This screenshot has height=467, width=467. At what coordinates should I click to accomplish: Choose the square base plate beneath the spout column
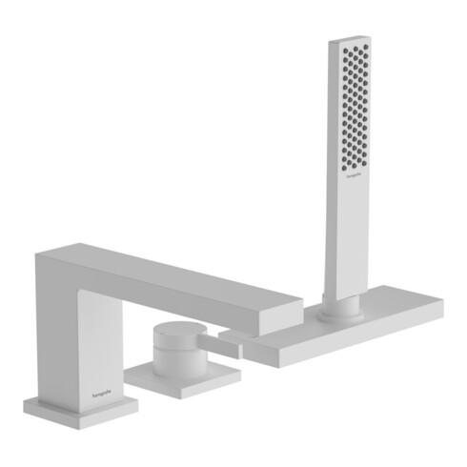(x=80, y=407)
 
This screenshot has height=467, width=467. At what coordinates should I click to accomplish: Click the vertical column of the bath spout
(x=80, y=334)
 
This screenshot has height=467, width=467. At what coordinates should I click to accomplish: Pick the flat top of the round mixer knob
(x=172, y=330)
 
